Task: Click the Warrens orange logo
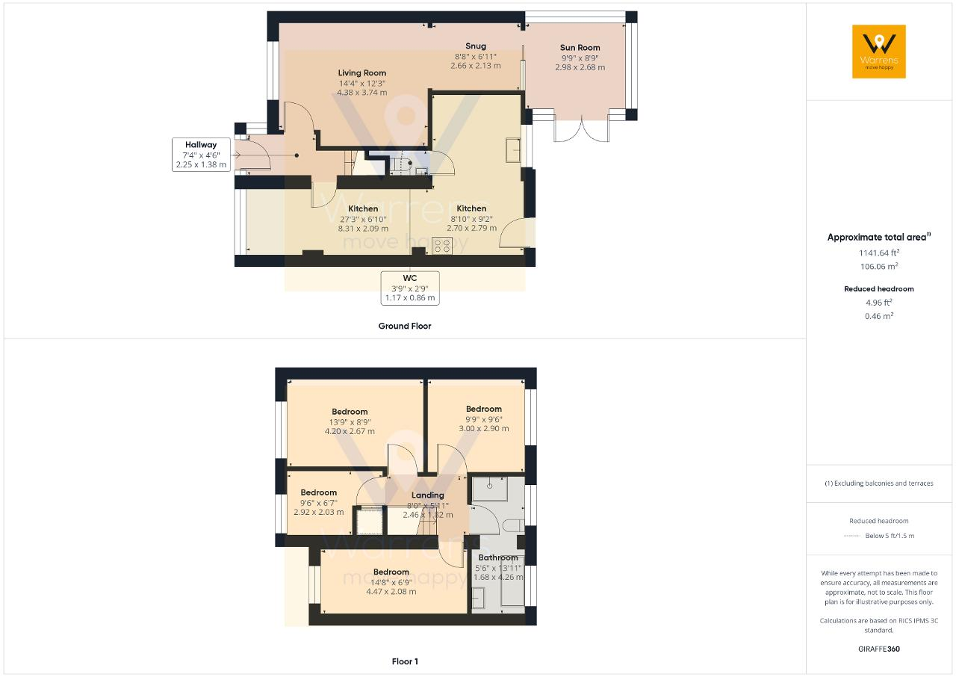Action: [879, 52]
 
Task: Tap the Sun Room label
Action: [580, 48]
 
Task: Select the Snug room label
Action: [476, 46]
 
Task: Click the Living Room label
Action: [362, 73]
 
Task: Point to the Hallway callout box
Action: [201, 155]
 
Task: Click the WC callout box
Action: [410, 288]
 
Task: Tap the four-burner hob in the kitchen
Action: [441, 246]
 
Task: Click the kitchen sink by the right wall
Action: [512, 150]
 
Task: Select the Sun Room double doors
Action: [581, 129]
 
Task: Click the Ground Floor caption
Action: [405, 326]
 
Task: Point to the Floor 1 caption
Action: [405, 661]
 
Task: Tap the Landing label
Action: [428, 495]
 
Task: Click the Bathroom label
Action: [498, 557]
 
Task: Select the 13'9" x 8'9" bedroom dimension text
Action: [350, 422]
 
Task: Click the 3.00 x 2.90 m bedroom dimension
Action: [483, 428]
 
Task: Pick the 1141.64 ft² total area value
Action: [879, 253]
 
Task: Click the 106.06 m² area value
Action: [879, 266]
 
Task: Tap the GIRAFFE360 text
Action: [879, 649]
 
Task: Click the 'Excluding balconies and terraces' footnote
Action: [879, 483]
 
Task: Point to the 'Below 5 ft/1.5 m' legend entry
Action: [890, 536]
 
